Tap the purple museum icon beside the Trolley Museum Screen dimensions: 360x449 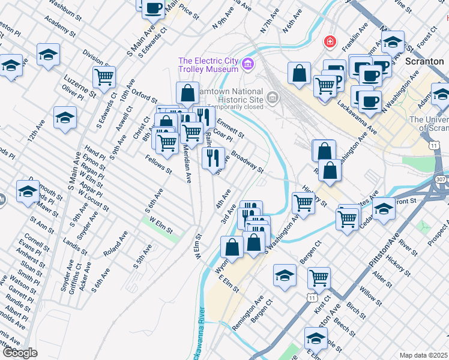[247, 62]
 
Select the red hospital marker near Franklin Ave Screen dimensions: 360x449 [330, 41]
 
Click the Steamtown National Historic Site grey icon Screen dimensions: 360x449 [273, 97]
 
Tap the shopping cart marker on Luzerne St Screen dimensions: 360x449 [104, 76]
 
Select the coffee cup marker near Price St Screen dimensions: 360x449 [153, 7]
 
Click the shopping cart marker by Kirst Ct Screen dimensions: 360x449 [319, 278]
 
